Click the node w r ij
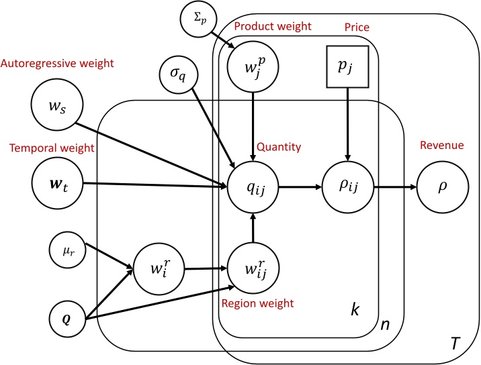click(253, 268)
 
